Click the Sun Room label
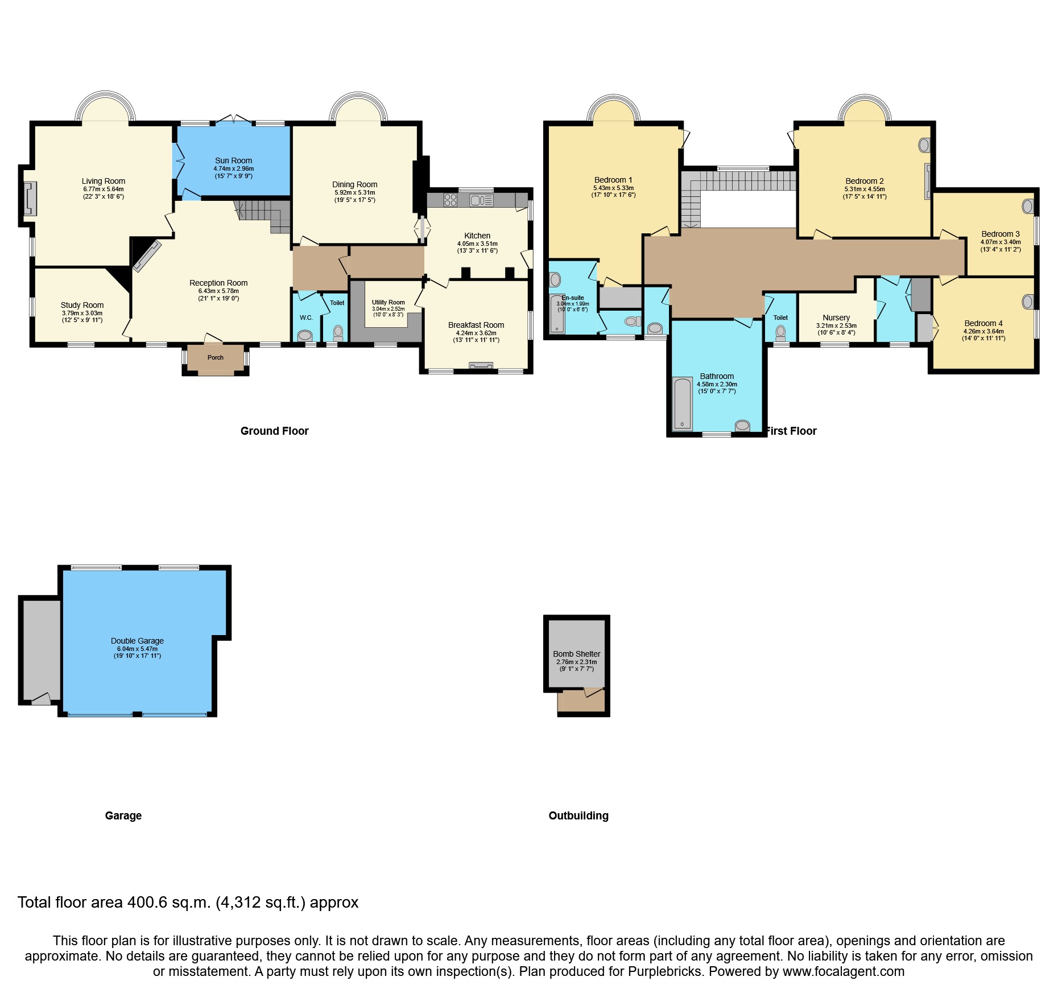(233, 160)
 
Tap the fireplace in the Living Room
(30, 199)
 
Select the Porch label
(216, 357)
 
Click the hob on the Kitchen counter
(451, 200)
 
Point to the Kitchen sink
(481, 200)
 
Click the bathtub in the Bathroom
(682, 403)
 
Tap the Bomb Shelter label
(576, 654)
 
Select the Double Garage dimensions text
(137, 652)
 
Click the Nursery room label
(836, 318)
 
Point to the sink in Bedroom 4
(1027, 302)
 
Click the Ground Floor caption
(274, 431)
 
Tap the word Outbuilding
(578, 815)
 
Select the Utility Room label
(388, 302)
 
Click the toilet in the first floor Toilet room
(780, 332)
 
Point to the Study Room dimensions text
(82, 316)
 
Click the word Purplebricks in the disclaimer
(665, 971)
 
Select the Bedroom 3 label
(1000, 234)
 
